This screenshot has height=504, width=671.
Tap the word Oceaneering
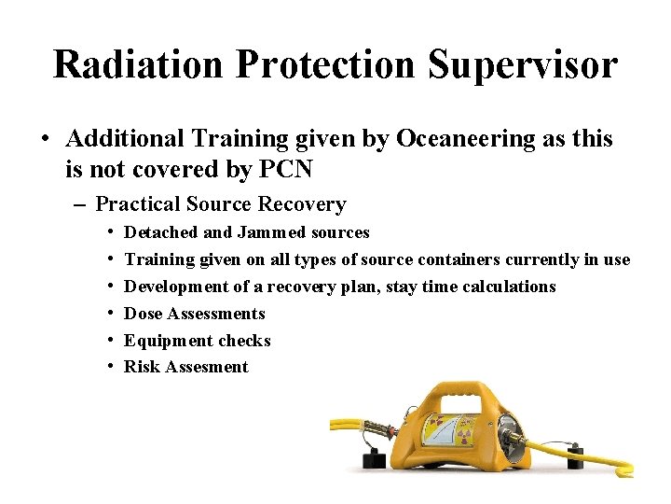click(465, 139)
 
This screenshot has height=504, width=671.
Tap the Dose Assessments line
click(194, 314)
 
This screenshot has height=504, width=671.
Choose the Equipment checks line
click(197, 341)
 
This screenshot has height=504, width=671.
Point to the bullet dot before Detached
click(111, 232)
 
